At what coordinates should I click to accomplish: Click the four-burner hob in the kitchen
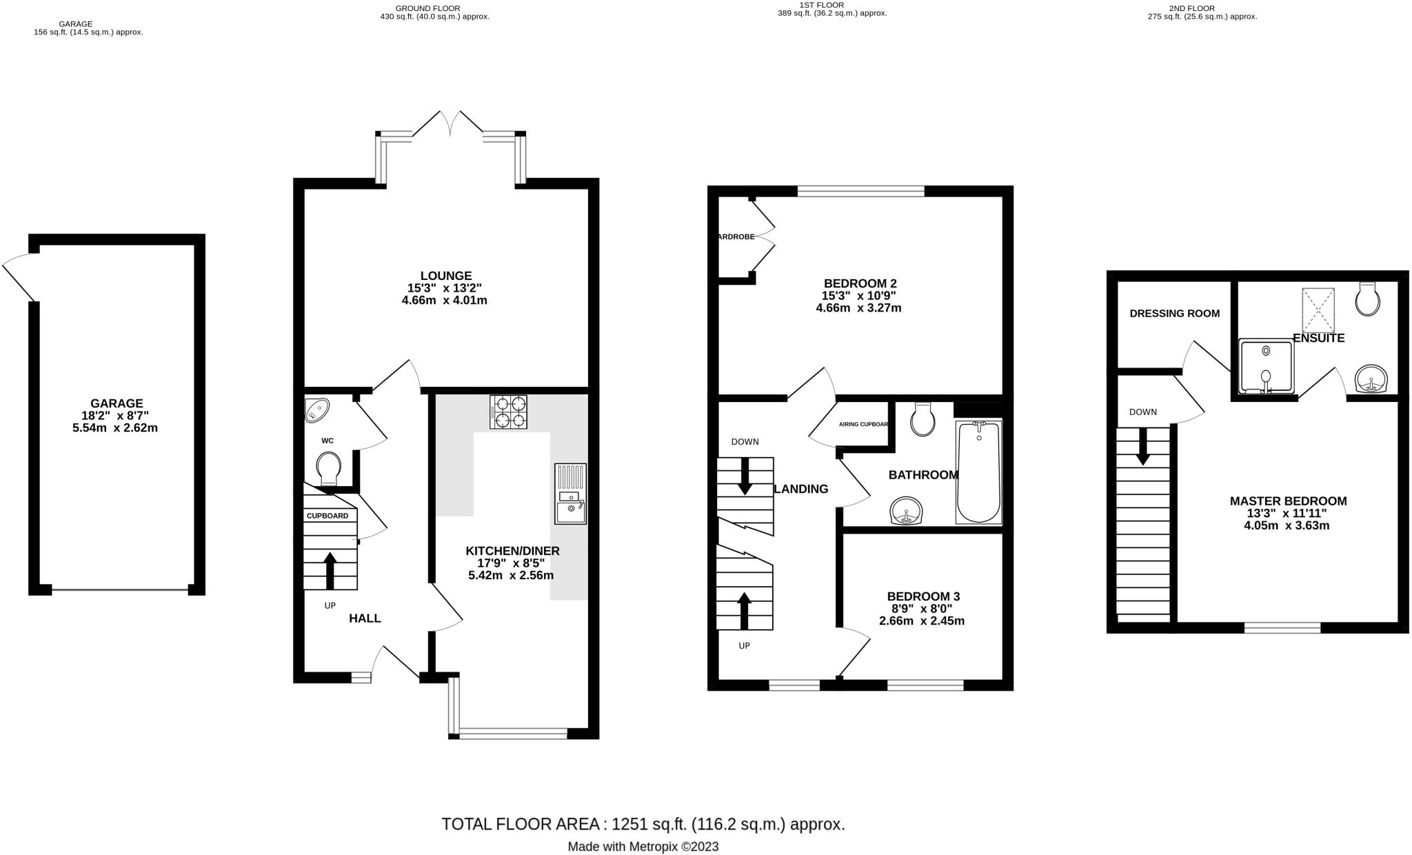coord(508,412)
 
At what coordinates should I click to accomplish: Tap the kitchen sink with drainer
coord(570,494)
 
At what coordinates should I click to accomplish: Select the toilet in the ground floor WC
coord(328,469)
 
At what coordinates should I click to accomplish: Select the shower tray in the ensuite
coord(1266,366)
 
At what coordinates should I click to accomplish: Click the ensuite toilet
coord(1367,299)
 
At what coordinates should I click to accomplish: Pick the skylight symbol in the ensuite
coord(1318,311)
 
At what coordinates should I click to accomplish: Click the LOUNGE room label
coord(446,276)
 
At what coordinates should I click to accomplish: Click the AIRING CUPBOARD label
coord(863,424)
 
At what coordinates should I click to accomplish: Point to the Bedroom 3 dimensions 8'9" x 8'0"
coord(922,609)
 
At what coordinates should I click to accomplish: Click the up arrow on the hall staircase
coord(330,570)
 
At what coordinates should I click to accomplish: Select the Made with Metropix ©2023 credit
coord(643,847)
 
